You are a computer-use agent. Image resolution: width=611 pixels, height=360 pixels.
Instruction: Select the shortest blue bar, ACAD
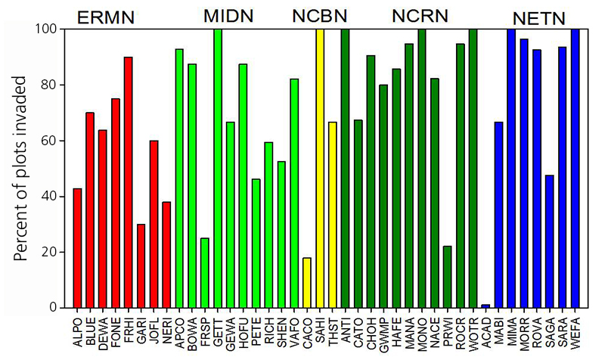click(x=485, y=306)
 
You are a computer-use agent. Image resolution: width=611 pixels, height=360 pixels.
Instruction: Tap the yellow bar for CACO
click(x=306, y=283)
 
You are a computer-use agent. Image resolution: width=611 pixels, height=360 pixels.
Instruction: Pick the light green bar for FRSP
click(x=205, y=273)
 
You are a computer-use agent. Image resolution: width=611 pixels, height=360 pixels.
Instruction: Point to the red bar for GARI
click(x=141, y=265)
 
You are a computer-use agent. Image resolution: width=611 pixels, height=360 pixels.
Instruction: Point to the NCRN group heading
click(x=420, y=16)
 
